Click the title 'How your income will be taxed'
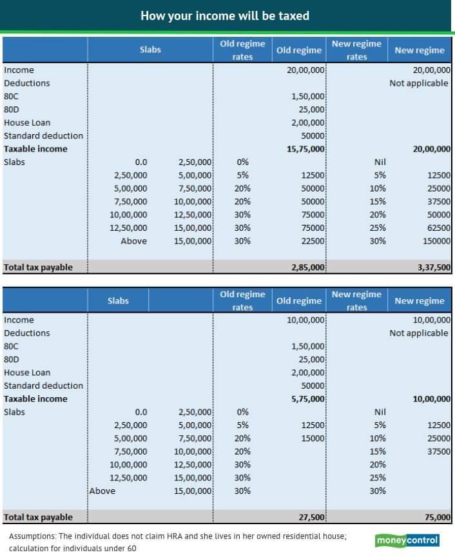[225, 15]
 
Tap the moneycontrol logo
[407, 540]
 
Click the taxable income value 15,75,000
[306, 149]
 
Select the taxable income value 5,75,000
[308, 399]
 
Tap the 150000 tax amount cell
[435, 241]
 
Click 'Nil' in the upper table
[380, 162]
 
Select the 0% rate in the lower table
[242, 412]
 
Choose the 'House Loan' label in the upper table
[27, 122]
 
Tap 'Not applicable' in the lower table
[419, 333]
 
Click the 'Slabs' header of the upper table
[150, 50]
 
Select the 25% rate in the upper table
[380, 228]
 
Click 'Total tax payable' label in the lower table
[38, 517]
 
